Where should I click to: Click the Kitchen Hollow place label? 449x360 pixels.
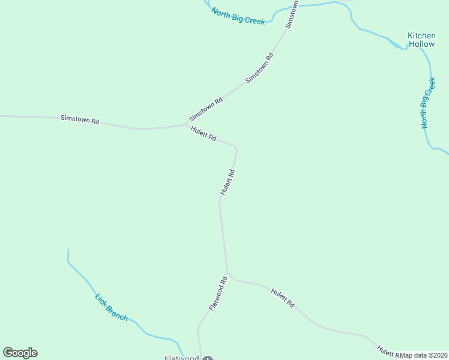coord(421,40)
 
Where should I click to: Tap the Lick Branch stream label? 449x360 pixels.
coord(112,307)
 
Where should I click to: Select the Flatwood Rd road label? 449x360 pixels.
coord(218,293)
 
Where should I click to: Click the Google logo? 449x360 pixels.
coord(20,353)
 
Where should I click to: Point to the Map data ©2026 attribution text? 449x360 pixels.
coord(424,355)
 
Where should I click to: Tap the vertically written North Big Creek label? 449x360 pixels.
coord(427,103)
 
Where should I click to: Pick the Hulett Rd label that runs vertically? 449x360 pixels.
coord(227,182)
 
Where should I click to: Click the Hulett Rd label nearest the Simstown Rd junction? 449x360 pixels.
coord(203,133)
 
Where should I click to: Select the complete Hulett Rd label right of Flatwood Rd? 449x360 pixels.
coord(282,298)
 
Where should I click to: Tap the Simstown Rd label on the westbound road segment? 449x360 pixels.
coord(80,119)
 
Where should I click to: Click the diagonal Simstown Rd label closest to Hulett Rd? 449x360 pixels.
coord(206,109)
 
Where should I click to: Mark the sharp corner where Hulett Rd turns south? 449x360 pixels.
coord(236,147)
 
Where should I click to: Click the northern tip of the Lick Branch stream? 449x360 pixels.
coord(68,250)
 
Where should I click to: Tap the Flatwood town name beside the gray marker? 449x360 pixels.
coord(182,358)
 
